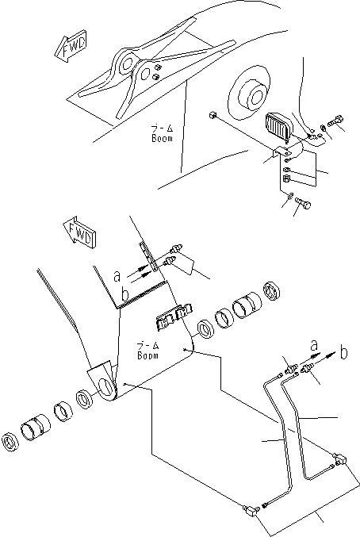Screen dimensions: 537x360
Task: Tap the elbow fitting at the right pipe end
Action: [341, 458]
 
